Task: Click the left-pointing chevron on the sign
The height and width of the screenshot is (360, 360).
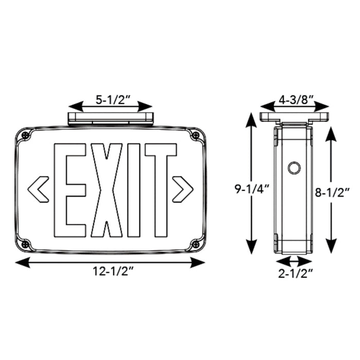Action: (x=39, y=188)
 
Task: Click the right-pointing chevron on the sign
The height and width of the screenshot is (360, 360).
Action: (x=183, y=188)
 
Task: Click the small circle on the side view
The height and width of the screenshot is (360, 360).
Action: (x=294, y=168)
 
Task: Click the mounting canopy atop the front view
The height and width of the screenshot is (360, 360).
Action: (x=110, y=118)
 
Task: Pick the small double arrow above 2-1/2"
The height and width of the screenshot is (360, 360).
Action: (x=294, y=260)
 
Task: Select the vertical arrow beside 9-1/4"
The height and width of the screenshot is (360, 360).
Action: (x=251, y=183)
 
